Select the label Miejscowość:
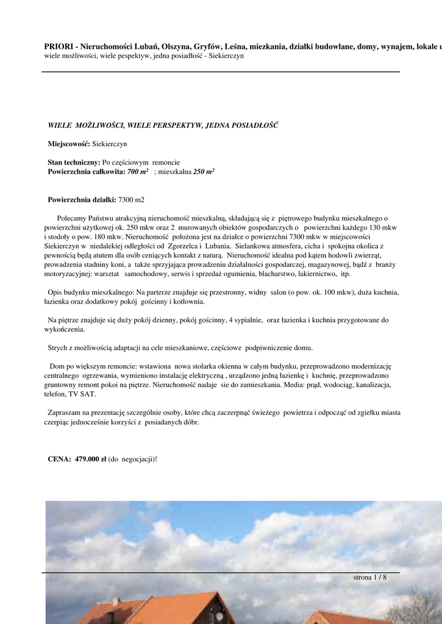pyautogui.click(x=69, y=144)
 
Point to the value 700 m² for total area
pyautogui.click(x=138, y=172)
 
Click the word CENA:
pyautogui.click(x=59, y=458)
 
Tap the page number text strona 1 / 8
pyautogui.click(x=370, y=577)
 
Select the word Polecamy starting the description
pyautogui.click(x=73, y=218)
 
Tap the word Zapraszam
pyautogui.click(x=66, y=413)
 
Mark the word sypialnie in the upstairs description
pyautogui.click(x=247, y=320)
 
